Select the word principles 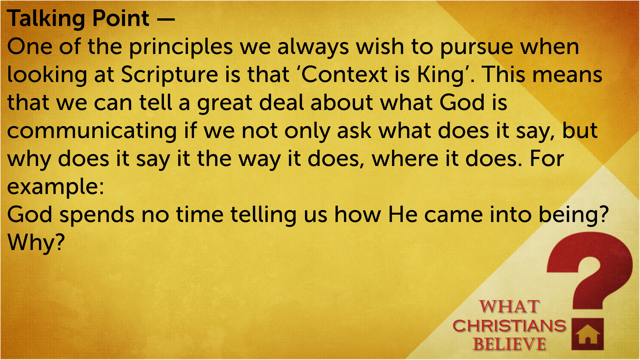click(181, 48)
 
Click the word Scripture click(169, 75)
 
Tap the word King click(441, 75)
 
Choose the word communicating click(92, 131)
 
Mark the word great click(224, 103)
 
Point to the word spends click(97, 215)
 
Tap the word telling click(263, 215)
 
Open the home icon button click(588, 334)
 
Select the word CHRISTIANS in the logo click(509, 326)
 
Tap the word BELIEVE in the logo click(509, 344)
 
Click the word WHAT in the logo click(509, 306)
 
